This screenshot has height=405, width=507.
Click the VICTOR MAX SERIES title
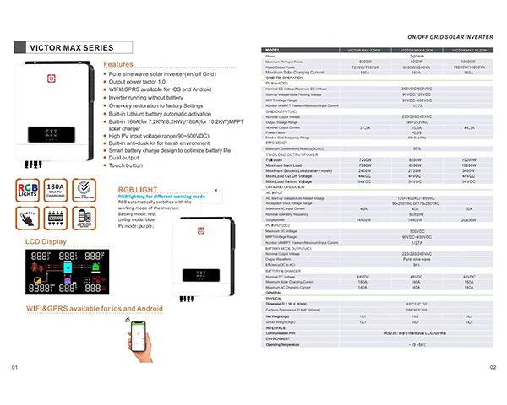tap(58, 48)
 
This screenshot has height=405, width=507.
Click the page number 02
tap(493, 390)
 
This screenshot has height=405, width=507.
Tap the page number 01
tap(14, 390)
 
